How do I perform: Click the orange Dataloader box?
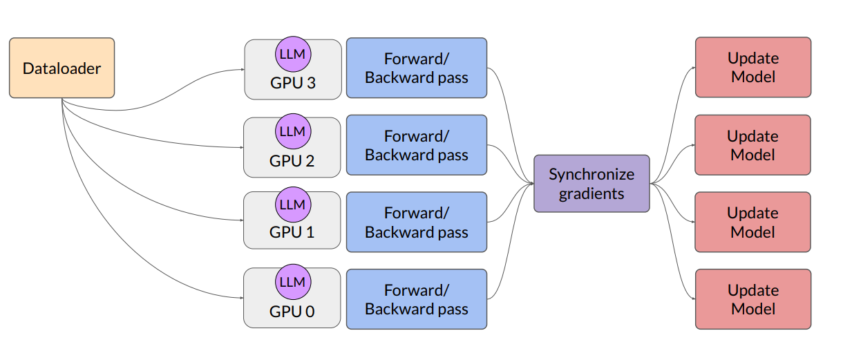pyautogui.click(x=62, y=68)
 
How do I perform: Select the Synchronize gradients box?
pyautogui.click(x=591, y=184)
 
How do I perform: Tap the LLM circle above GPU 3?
pyautogui.click(x=293, y=54)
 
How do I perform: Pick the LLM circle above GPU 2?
pyautogui.click(x=293, y=131)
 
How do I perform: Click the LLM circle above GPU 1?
pyautogui.click(x=293, y=205)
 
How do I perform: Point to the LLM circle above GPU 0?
pyautogui.click(x=293, y=282)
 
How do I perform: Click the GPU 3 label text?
pyautogui.click(x=293, y=83)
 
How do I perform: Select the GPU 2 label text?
pyautogui.click(x=292, y=161)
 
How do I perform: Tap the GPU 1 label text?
pyautogui.click(x=292, y=232)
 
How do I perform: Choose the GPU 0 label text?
pyautogui.click(x=292, y=312)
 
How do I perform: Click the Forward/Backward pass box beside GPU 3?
pyautogui.click(x=417, y=68)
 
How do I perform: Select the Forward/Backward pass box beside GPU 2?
pyautogui.click(x=417, y=145)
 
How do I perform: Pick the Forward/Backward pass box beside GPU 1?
pyautogui.click(x=417, y=222)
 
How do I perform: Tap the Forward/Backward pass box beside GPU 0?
pyautogui.click(x=417, y=299)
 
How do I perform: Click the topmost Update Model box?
pyautogui.click(x=753, y=67)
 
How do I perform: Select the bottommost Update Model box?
pyautogui.click(x=753, y=299)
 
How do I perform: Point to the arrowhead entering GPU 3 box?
pyautogui.click(x=243, y=69)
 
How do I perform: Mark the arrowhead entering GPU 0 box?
pyautogui.click(x=242, y=298)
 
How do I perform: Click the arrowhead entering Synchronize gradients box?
pyautogui.click(x=532, y=184)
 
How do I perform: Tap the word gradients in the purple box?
pyautogui.click(x=591, y=194)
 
